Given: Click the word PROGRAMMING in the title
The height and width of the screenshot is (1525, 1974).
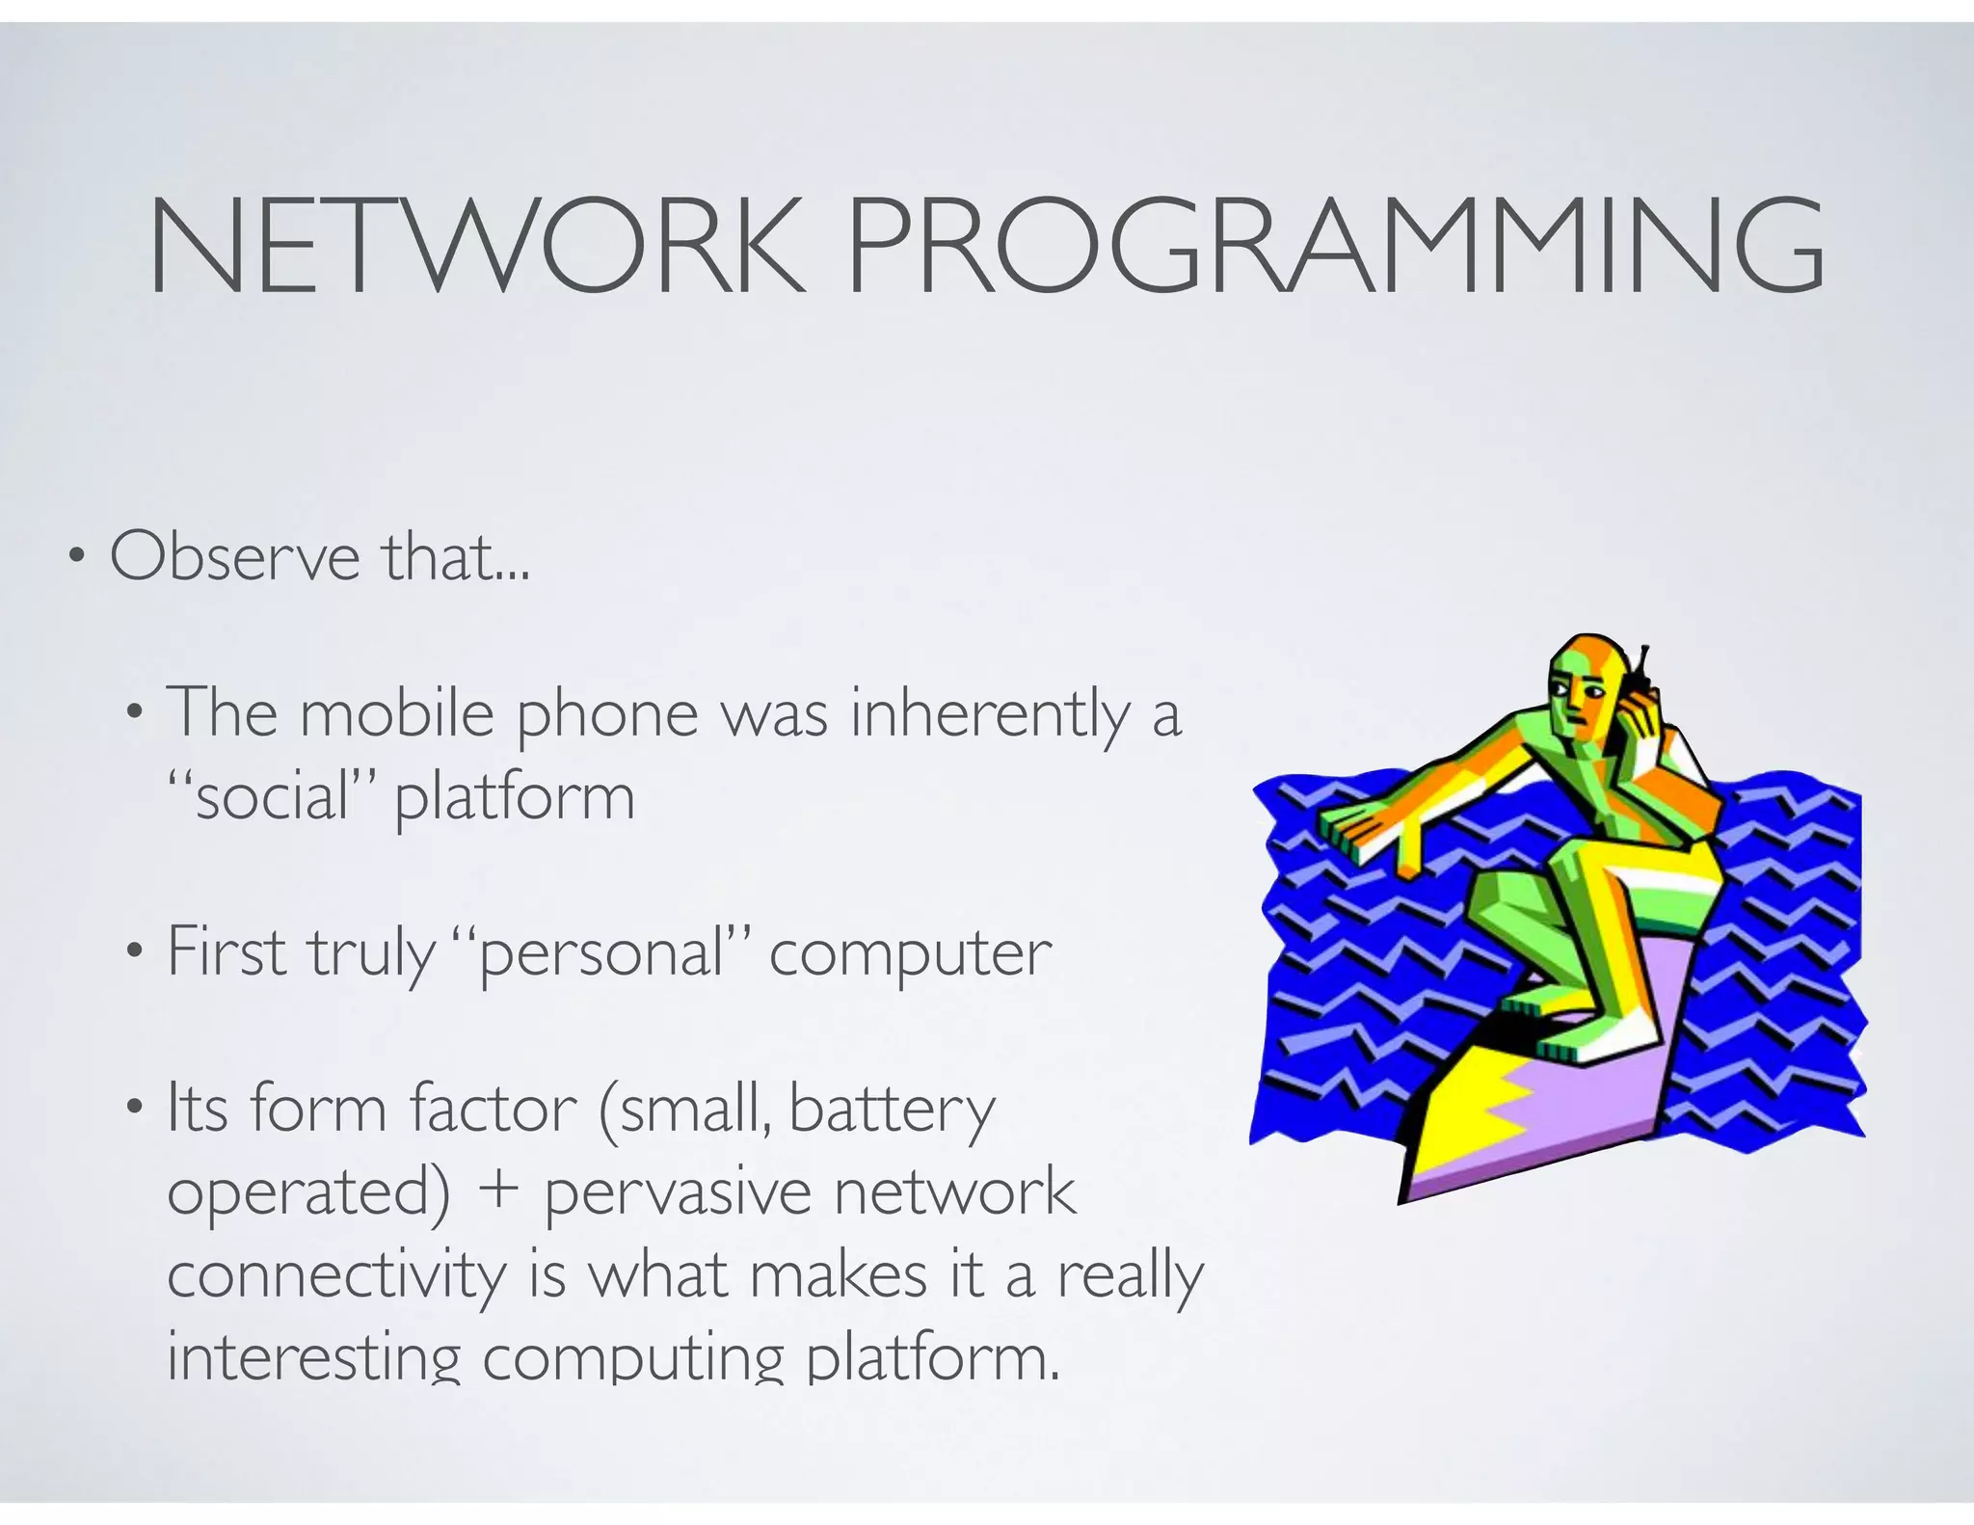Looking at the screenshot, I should pos(1335,245).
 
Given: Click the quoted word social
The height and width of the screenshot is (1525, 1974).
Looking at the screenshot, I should pos(271,798).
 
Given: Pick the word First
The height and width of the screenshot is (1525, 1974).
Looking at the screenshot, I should pos(227,952).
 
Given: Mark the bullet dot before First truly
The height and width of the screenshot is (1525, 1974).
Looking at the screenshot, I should pos(134,953).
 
